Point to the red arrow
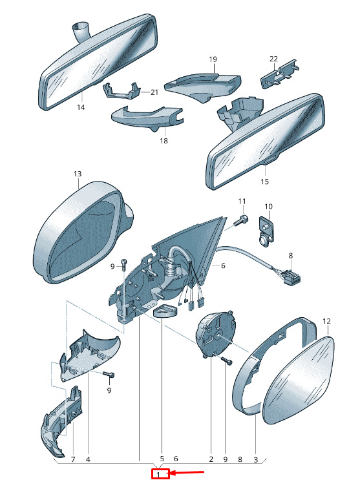pos(187,473)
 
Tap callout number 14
pos(81,107)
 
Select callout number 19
pos(213,59)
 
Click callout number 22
pos(273,59)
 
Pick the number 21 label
pos(154,92)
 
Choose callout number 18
pos(164,141)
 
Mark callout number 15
pos(264,182)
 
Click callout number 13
pos(78,174)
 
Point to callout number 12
pos(326,321)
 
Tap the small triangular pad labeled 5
pos(165,311)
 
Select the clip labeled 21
pos(121,90)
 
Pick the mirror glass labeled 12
pos(299,380)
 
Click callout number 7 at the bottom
pos(73,459)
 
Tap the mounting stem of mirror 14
pos(81,30)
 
